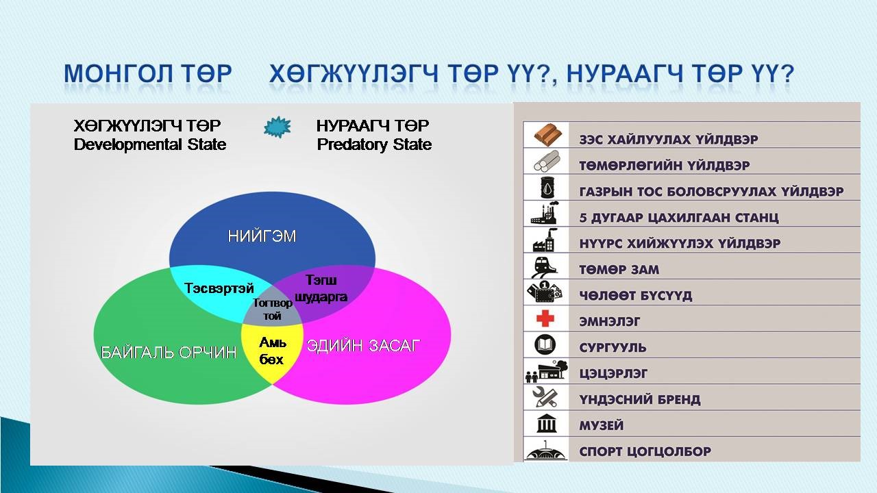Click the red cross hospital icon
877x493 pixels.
(545, 318)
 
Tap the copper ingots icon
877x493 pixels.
(548, 135)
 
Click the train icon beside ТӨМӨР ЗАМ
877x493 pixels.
(543, 267)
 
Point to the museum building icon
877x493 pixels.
(547, 423)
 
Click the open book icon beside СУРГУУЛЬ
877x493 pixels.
(545, 344)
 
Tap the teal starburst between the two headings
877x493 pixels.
(277, 127)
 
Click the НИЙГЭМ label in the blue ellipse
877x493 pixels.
(262, 236)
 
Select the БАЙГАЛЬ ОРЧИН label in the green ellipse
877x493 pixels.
(169, 353)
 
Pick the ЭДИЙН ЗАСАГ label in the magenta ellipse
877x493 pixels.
(363, 346)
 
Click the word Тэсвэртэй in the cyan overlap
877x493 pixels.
(219, 288)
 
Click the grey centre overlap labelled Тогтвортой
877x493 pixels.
(272, 309)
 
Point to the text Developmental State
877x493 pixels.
(150, 144)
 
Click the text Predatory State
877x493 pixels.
(374, 144)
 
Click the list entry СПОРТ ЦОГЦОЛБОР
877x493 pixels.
(645, 451)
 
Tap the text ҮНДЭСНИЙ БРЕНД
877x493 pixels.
(640, 399)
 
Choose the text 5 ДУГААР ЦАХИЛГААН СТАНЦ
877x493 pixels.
(679, 218)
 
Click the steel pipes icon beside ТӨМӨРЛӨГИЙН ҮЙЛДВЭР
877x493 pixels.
(547, 161)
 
